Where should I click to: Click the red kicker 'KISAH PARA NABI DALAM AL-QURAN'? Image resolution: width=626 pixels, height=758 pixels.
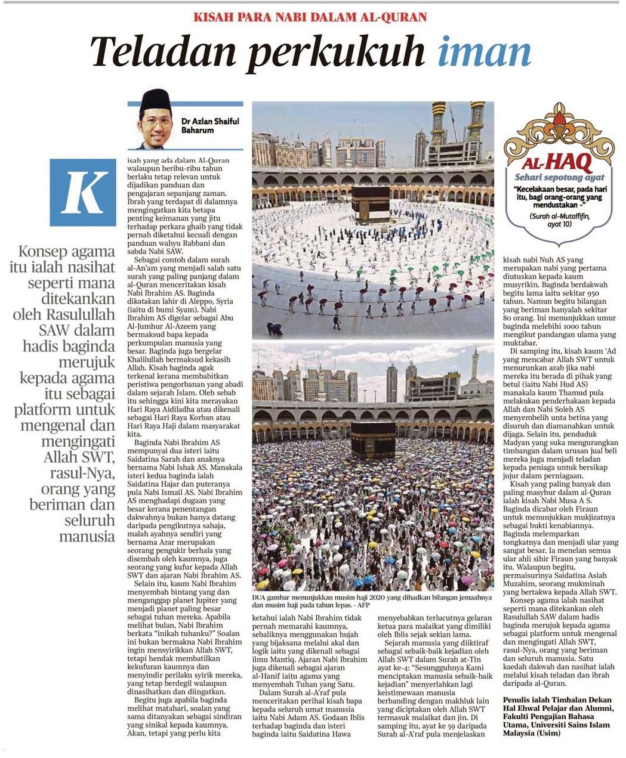(310, 17)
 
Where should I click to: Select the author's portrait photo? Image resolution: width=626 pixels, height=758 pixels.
(156, 119)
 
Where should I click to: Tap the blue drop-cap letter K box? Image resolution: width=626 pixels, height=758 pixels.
(83, 192)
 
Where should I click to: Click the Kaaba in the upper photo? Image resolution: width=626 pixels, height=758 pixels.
(370, 203)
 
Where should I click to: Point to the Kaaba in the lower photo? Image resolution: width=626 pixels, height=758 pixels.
(373, 439)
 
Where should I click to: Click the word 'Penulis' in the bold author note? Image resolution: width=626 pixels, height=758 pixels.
(519, 700)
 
